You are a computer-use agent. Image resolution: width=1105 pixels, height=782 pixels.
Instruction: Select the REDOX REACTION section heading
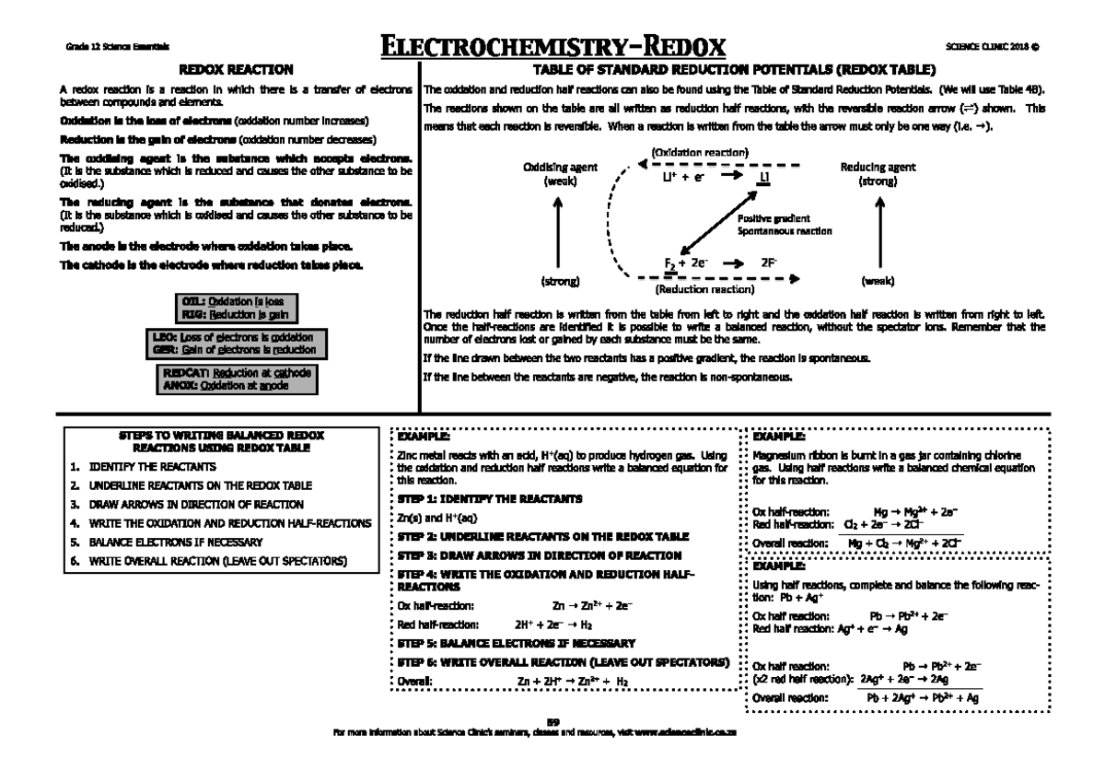click(x=236, y=70)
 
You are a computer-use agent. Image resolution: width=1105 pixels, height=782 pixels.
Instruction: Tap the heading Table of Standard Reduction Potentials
click(x=735, y=70)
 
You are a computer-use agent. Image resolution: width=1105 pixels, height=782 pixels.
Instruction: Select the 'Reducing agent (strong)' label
click(x=878, y=175)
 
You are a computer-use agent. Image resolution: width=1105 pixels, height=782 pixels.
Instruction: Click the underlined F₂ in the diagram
click(x=670, y=263)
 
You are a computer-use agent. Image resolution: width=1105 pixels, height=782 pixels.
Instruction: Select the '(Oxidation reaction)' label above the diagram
click(x=699, y=151)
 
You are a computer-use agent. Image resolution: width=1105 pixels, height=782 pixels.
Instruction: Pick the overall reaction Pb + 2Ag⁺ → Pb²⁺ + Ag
click(x=922, y=698)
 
